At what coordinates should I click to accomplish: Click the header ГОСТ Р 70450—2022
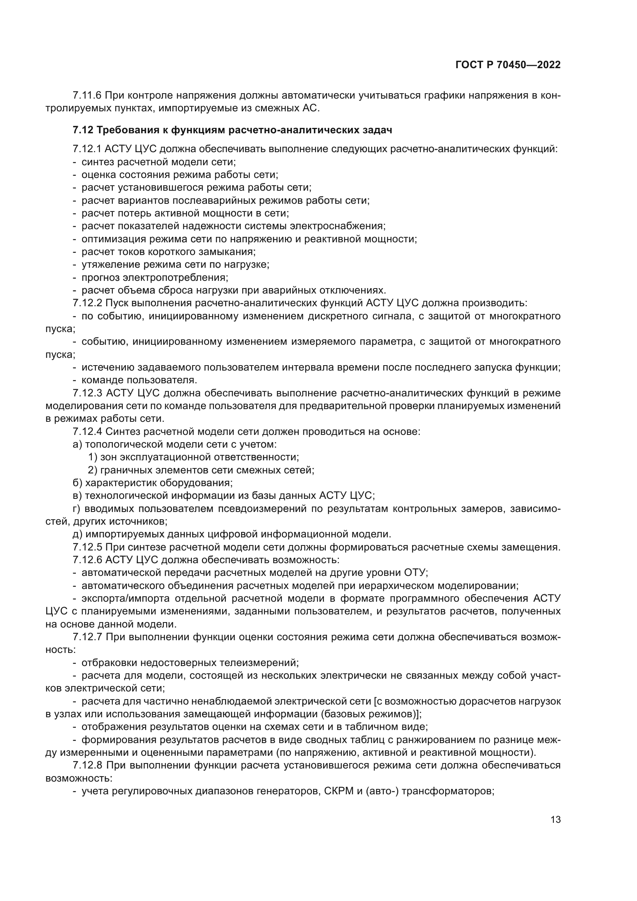[x=508, y=65]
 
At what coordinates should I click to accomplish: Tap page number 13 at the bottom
[x=555, y=820]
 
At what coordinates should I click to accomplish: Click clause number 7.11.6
[x=87, y=96]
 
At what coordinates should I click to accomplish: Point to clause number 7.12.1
[x=87, y=149]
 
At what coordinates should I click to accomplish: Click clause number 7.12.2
[x=87, y=303]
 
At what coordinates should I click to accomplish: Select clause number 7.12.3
[x=87, y=393]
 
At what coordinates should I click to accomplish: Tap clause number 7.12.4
[x=87, y=432]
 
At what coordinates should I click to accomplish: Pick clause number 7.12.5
[x=87, y=547]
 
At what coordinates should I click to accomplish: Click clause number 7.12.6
[x=87, y=560]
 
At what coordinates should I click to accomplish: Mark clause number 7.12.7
[x=87, y=637]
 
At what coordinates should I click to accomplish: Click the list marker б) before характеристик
[x=77, y=483]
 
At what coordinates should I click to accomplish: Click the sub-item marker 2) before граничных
[x=92, y=470]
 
